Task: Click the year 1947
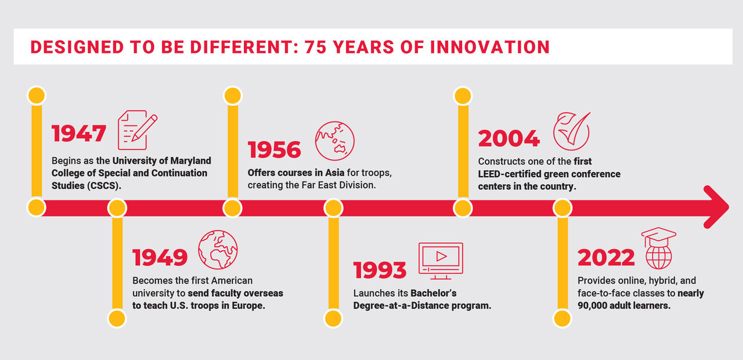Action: coord(79,134)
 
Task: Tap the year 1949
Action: coord(160,257)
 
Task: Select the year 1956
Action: coord(275,149)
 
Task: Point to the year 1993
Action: coord(380,270)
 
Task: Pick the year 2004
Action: coord(509,138)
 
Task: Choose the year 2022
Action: coord(606,257)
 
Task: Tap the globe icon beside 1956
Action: coord(335,141)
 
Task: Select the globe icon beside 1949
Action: coord(218,250)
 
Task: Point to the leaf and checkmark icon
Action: coord(572,131)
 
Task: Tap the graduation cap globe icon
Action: coord(658,248)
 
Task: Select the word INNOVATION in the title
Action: coord(490,47)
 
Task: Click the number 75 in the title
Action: coord(315,47)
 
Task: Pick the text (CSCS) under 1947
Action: coord(104,185)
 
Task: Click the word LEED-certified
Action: coord(510,174)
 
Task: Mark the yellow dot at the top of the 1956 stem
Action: coord(233,96)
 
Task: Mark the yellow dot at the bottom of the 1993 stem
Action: coord(333,319)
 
